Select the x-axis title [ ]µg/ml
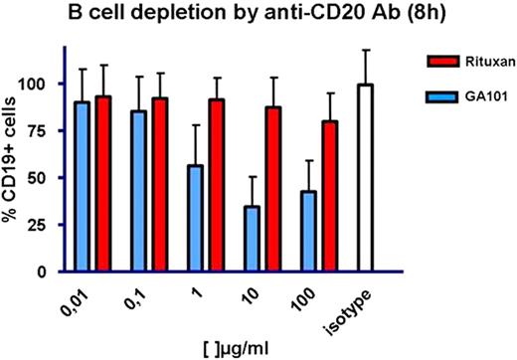(239, 347)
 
